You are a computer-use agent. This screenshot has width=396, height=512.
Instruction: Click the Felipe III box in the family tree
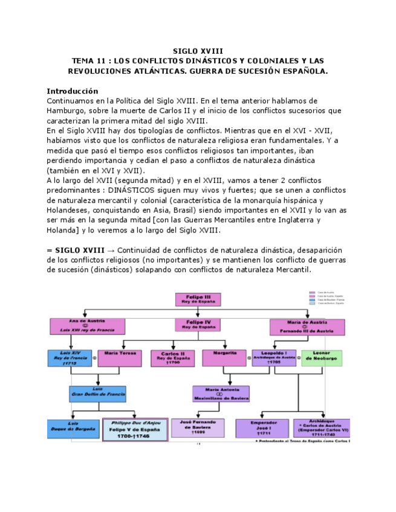(x=198, y=299)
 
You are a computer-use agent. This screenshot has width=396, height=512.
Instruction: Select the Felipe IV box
(x=198, y=325)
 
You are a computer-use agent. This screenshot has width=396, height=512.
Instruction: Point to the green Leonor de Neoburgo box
(x=321, y=357)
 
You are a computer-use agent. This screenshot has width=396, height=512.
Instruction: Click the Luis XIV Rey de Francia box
(x=71, y=357)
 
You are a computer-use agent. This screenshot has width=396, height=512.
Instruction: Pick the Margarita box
(x=224, y=357)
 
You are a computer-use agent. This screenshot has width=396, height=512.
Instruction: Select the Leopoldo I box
(x=274, y=357)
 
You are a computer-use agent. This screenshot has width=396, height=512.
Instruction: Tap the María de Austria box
(x=307, y=327)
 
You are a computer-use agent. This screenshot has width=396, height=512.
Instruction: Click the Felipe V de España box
(x=135, y=430)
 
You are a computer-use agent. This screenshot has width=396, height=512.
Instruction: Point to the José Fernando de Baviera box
(x=198, y=427)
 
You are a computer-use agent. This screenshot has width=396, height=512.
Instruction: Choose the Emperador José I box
(x=261, y=428)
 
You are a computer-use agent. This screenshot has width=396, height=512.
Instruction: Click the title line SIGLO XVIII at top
(x=198, y=51)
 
